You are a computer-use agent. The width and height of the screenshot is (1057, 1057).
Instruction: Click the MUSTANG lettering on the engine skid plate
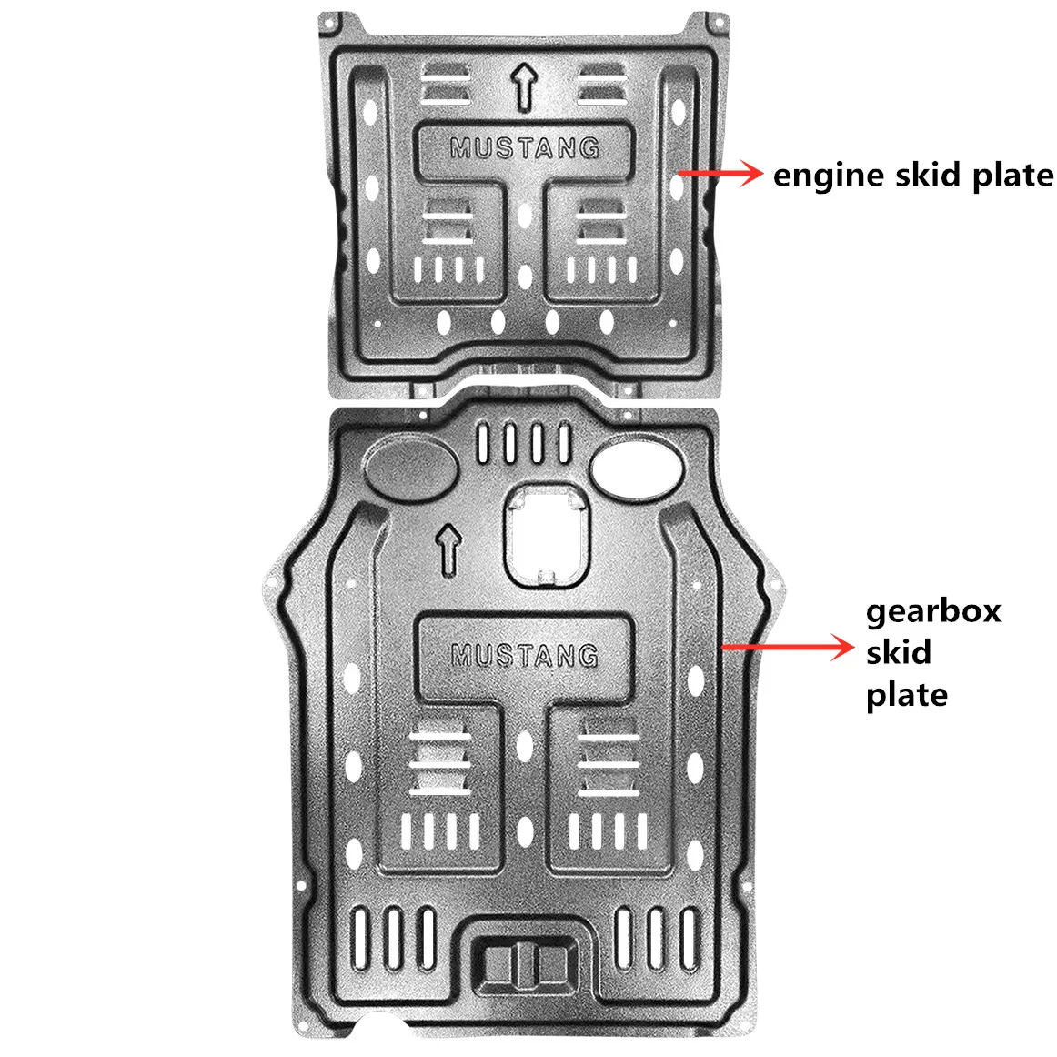tap(525, 147)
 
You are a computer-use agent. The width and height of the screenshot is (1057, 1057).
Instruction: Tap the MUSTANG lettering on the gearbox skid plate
tap(525, 655)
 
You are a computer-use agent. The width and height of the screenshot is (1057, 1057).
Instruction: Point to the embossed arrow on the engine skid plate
tap(523, 86)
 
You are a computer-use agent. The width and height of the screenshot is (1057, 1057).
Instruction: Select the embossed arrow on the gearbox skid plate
tap(449, 548)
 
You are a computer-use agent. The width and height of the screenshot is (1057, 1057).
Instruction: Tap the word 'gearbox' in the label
tap(932, 611)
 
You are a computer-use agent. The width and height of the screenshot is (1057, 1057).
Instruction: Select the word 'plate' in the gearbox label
tap(906, 696)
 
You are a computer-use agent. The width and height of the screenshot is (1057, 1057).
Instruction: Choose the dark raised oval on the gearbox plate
tap(411, 467)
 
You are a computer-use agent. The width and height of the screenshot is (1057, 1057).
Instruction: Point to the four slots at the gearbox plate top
tap(525, 442)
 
